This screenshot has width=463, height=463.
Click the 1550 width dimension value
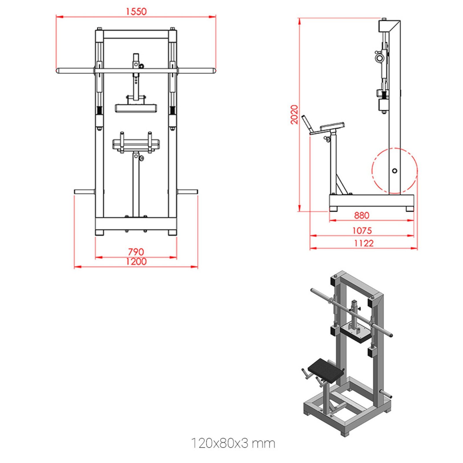pos(136,12)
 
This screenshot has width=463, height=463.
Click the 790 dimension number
pos(136,251)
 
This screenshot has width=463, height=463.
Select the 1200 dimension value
pos(136,261)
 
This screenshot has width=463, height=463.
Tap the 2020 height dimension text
pos(294,115)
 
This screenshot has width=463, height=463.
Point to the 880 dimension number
pos(361,215)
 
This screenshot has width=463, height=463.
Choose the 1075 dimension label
pos(362,231)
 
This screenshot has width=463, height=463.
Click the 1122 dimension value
pos(364,243)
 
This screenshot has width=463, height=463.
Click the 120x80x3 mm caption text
pos(233,443)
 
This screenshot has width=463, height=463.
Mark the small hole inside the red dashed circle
pos(394,171)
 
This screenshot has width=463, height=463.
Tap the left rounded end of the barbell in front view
pos(58,71)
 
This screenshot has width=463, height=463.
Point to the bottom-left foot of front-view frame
pos(99,232)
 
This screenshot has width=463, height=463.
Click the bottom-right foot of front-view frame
pos(172,232)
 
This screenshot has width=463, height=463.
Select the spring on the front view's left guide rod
pos(99,110)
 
